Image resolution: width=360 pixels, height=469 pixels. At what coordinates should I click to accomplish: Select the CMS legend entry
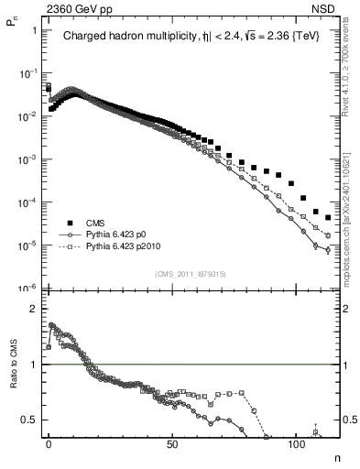95,222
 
